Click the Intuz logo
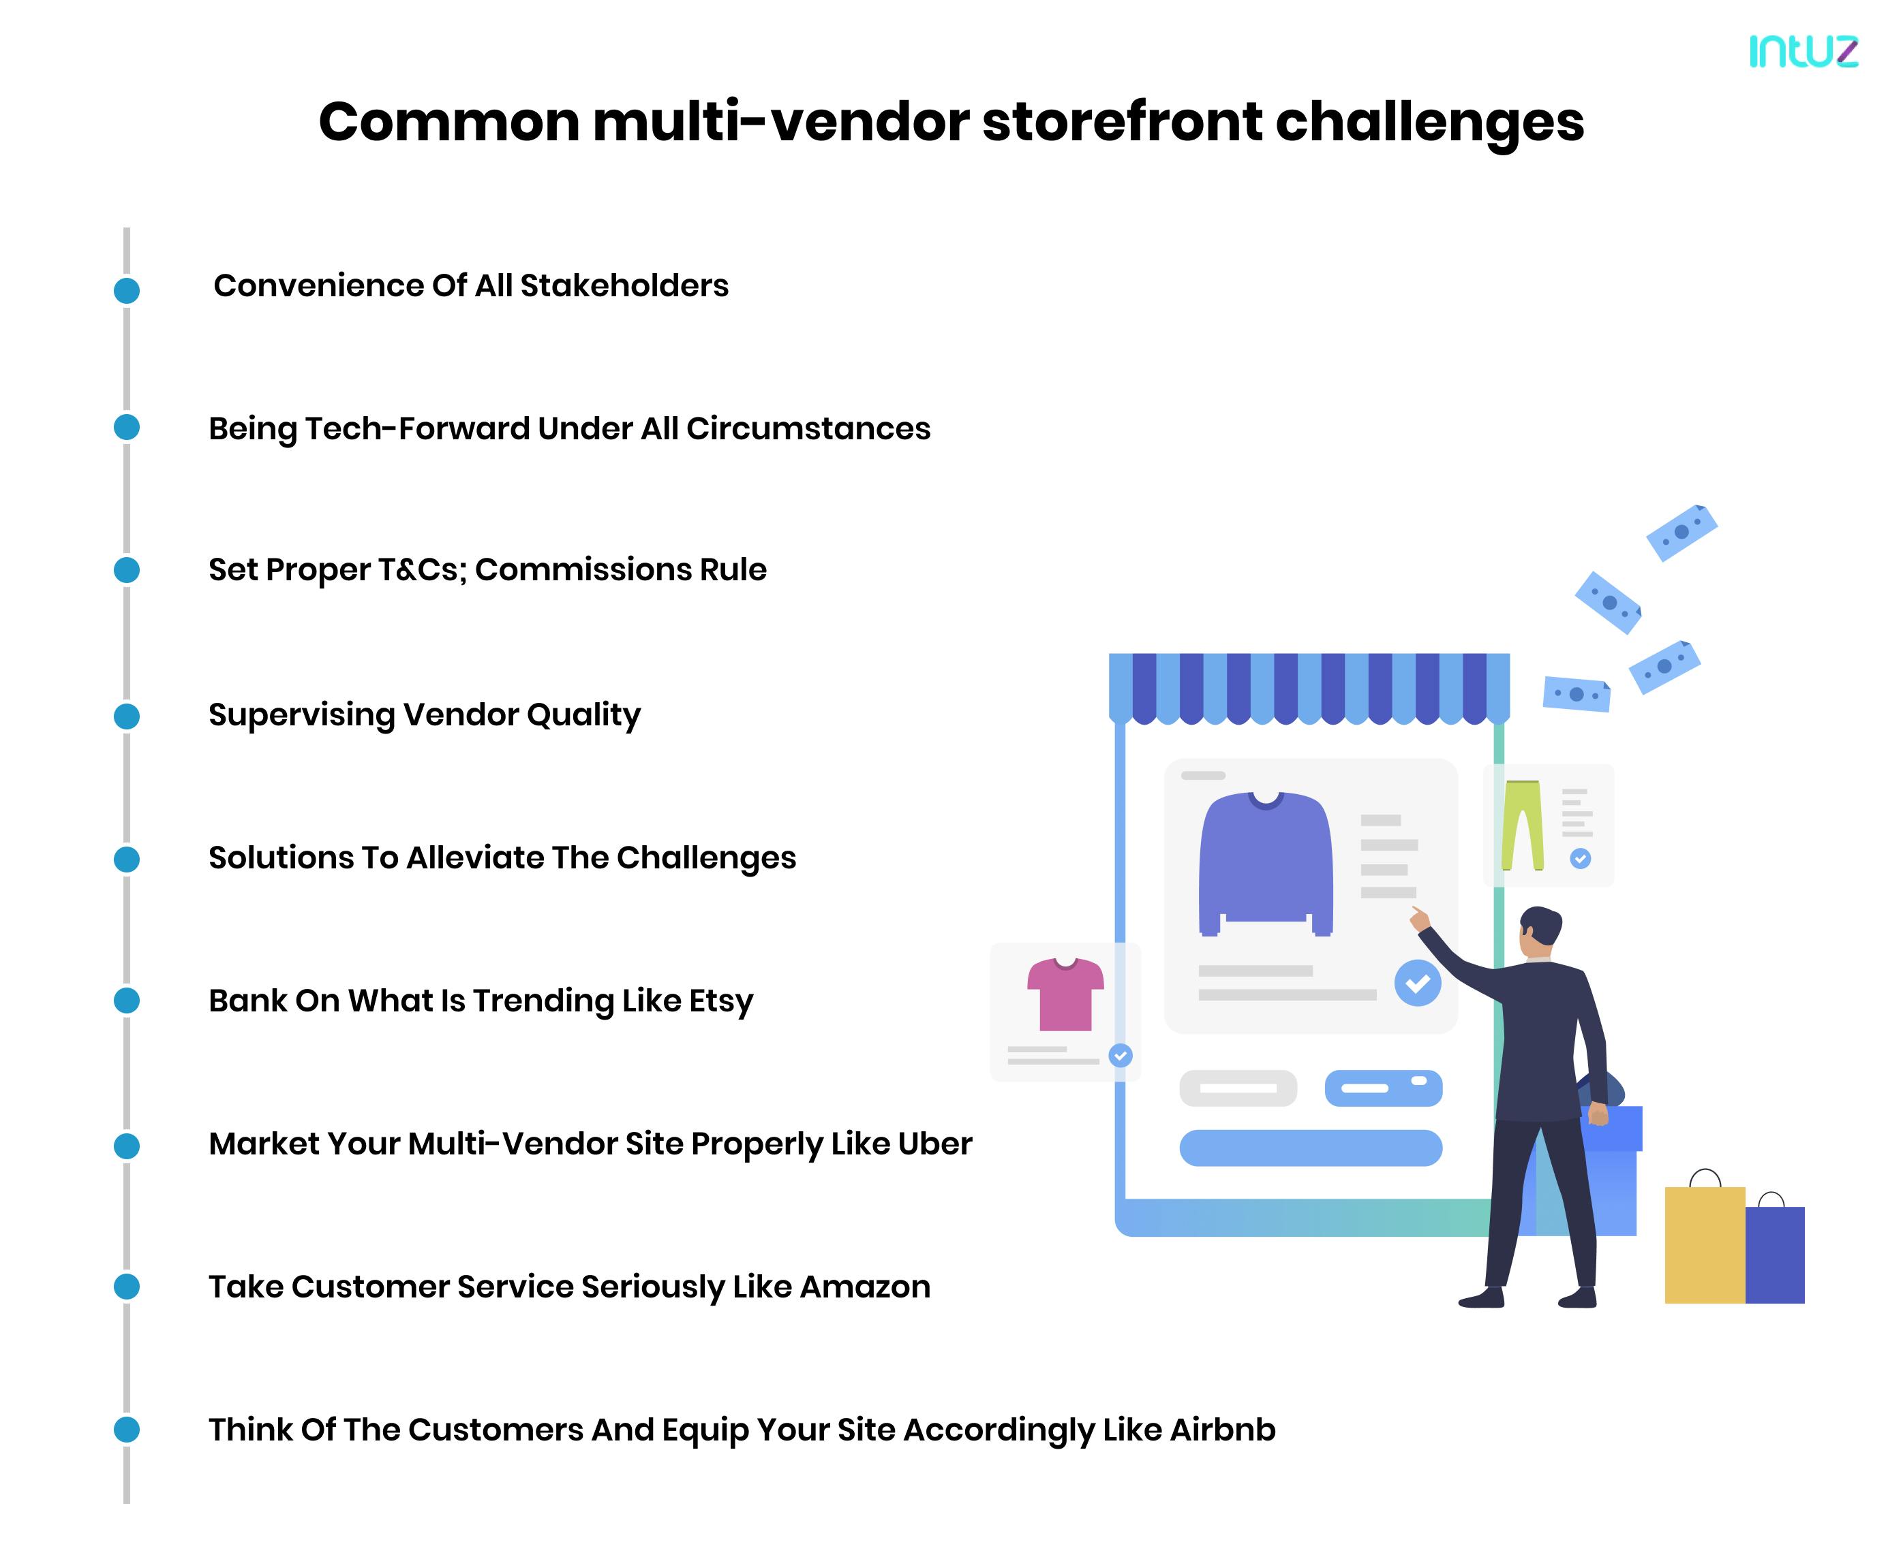pos(1802,51)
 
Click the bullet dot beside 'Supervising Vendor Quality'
pos(127,716)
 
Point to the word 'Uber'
pos(934,1144)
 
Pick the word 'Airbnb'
pos(1222,1430)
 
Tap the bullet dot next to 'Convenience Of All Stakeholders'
pos(127,290)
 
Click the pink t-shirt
pos(1065,994)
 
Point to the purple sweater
pos(1265,862)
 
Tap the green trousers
pos(1522,824)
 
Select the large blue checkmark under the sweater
pos(1417,983)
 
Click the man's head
pos(1539,932)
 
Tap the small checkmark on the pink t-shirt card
pos(1121,1055)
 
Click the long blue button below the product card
pos(1310,1148)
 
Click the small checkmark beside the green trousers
pos(1579,859)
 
